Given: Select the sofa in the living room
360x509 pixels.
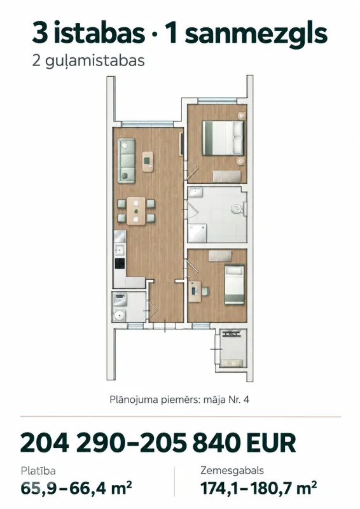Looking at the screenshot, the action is (x=127, y=160).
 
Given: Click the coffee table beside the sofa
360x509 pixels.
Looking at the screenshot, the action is (x=148, y=162).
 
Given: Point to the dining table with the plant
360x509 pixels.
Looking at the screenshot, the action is (x=136, y=211).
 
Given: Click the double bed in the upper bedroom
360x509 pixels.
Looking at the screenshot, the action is (x=223, y=137).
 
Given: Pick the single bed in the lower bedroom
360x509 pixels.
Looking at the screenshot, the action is (x=234, y=284).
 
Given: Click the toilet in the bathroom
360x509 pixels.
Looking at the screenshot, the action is (x=239, y=209).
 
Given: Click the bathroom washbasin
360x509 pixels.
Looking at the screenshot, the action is (x=196, y=192).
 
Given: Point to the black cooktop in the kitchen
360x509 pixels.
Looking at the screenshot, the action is (x=120, y=263).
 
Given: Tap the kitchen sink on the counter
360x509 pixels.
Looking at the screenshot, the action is (x=120, y=250).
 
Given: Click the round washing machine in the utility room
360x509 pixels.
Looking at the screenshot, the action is (x=120, y=314).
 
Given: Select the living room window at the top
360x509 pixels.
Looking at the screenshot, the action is (x=147, y=124).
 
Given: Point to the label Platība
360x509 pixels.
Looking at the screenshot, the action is (x=38, y=470).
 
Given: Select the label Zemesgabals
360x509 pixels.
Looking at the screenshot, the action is (x=232, y=471).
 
